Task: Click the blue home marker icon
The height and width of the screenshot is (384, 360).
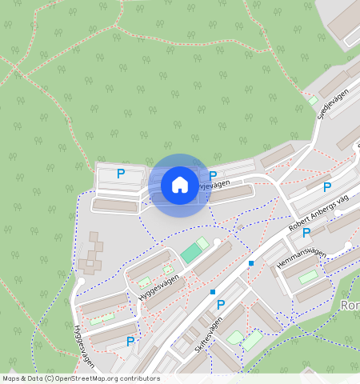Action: tap(180, 185)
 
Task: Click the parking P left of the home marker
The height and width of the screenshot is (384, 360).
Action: tap(121, 173)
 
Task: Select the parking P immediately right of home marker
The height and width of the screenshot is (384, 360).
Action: tap(213, 176)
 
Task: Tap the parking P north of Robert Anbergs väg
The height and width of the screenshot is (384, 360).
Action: tap(326, 187)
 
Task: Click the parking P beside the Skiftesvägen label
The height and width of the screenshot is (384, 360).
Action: tap(221, 305)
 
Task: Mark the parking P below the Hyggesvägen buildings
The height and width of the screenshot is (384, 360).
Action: tap(130, 342)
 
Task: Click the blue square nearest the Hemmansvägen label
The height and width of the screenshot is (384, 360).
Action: tap(251, 262)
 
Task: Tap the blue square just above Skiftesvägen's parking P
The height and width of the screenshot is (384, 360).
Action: tap(213, 292)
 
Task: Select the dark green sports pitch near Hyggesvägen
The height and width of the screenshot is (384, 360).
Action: tap(191, 254)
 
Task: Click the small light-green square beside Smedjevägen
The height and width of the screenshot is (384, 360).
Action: tap(311, 100)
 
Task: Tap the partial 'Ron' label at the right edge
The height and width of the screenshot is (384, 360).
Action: tap(350, 306)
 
